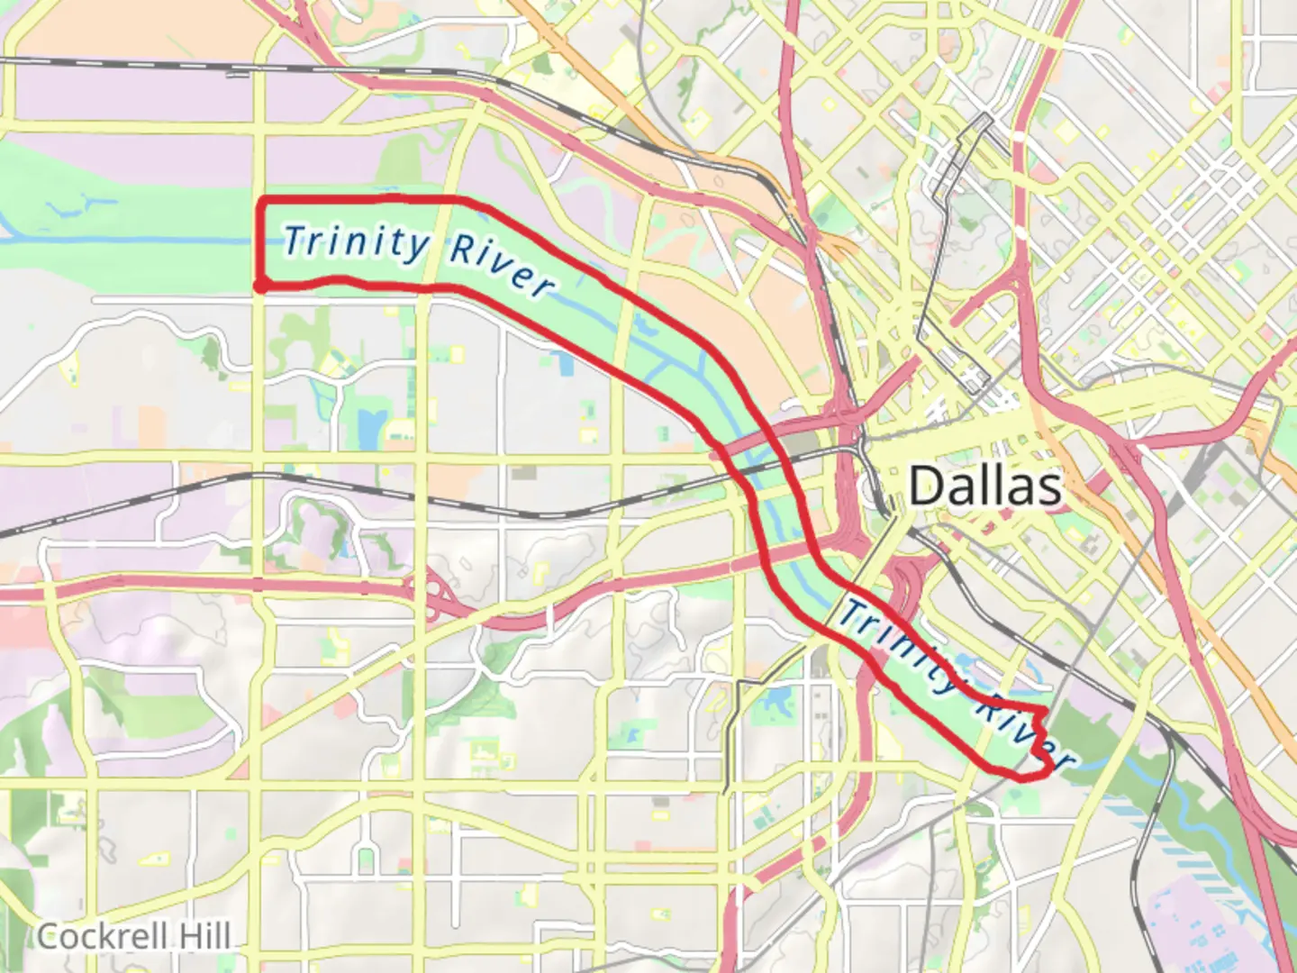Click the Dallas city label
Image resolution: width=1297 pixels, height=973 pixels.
(984, 486)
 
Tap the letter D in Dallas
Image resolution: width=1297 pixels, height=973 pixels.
(926, 486)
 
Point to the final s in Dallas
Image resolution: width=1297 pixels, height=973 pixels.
(1049, 488)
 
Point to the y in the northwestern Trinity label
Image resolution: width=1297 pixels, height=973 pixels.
(415, 249)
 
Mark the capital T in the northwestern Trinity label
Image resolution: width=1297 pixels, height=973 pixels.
(292, 240)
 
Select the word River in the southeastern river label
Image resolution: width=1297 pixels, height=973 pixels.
(1025, 734)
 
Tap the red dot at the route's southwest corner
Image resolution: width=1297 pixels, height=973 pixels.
(259, 286)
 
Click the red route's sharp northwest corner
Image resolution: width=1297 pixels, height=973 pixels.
(262, 200)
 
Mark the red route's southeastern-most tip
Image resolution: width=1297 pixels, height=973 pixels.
(1049, 768)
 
